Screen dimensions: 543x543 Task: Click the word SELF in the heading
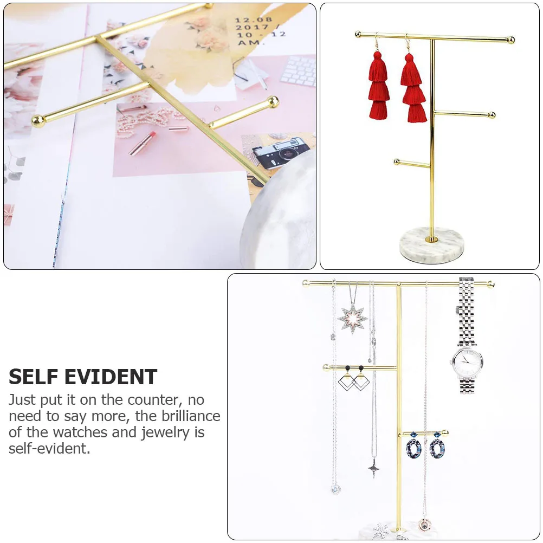34,377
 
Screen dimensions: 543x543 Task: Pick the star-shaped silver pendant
353,318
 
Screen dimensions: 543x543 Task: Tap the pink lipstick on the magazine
143,143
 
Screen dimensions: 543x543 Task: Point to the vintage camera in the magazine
281,153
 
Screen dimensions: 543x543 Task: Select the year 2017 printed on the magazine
252,27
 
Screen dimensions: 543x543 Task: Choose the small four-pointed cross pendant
374,469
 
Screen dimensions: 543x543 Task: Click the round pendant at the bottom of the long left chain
335,490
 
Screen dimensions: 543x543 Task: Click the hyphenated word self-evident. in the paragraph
49,449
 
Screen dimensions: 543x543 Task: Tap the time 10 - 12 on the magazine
261,35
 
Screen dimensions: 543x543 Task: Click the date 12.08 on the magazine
254,20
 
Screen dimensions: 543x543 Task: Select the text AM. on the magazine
249,43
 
